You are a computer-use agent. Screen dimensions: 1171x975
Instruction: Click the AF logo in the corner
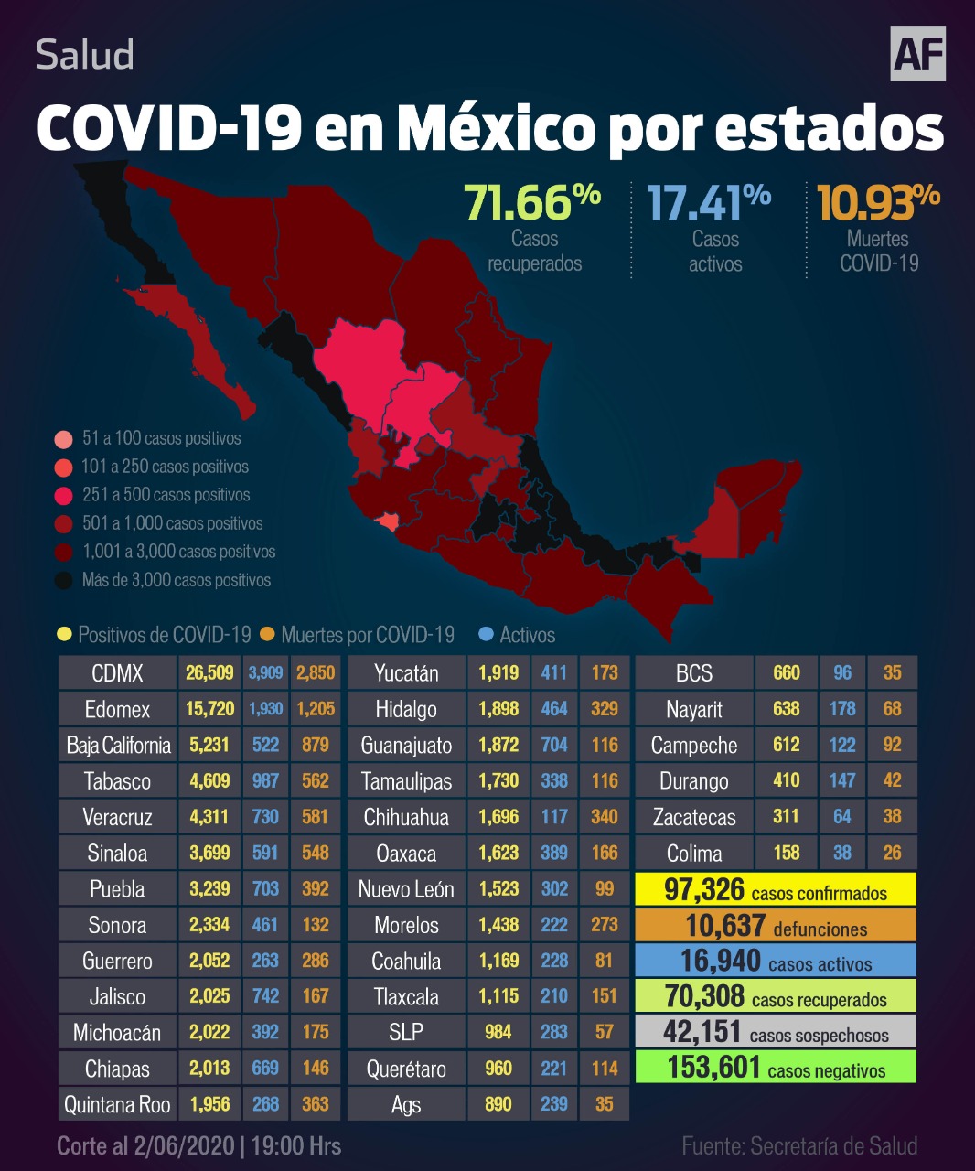(917, 53)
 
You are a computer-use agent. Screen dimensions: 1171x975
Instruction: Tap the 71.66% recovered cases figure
(532, 203)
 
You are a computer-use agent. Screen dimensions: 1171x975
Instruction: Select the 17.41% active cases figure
(709, 203)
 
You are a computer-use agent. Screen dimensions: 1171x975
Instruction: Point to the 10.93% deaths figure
(878, 203)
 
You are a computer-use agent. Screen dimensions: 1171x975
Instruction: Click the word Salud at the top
(85, 55)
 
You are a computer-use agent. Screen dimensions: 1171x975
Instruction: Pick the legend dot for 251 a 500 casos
(63, 496)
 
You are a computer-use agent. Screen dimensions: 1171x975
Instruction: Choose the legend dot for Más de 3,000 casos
(63, 581)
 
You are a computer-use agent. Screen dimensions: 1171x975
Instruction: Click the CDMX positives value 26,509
(209, 673)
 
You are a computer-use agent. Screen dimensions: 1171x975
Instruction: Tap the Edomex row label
(117, 709)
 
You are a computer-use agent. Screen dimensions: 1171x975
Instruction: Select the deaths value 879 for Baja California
(316, 745)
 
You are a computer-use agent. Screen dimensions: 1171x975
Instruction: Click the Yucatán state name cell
(406, 673)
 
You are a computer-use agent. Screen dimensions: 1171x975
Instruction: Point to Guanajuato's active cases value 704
(554, 745)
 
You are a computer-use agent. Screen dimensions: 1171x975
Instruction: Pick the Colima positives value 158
(787, 853)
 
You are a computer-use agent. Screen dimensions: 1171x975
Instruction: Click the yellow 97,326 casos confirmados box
(776, 889)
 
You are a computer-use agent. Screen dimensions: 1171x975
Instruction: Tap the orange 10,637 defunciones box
(776, 925)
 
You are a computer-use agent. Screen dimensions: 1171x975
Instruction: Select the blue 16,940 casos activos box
(776, 961)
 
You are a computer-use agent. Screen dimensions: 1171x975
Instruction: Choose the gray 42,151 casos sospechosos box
(776, 1032)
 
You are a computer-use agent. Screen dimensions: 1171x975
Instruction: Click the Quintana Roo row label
(117, 1104)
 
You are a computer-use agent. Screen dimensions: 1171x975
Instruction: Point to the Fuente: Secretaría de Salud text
(799, 1146)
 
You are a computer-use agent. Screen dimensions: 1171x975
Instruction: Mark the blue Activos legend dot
(486, 634)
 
